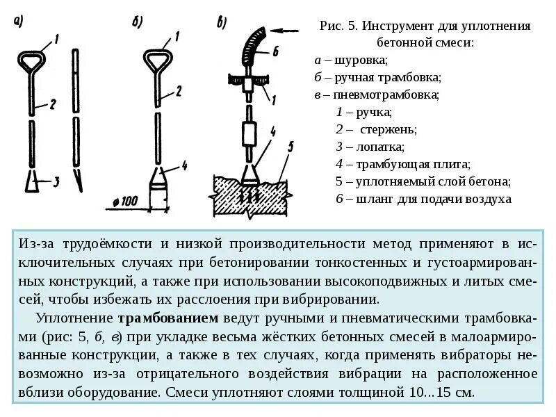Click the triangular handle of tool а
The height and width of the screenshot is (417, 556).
pos(31,60)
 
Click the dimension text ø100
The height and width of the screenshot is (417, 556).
pos(123,202)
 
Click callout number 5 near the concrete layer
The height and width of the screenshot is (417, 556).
pos(291,145)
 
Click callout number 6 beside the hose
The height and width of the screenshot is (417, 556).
pos(275,51)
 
